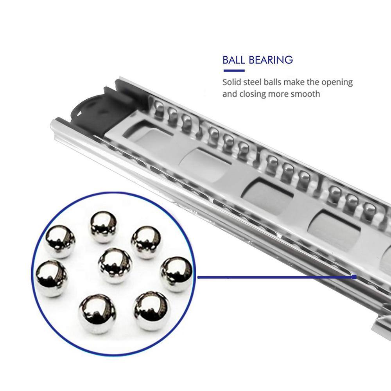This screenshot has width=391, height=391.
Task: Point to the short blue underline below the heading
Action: coord(234,71)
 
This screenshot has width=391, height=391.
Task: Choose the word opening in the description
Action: coord(337,83)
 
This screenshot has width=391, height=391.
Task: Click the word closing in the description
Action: coord(253,94)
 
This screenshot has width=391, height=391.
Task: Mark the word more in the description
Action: coord(282,94)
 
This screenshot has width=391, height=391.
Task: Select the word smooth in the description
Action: coord(307,94)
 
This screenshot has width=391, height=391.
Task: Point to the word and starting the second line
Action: coord(230,94)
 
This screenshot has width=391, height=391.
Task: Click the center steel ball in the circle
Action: coord(115,265)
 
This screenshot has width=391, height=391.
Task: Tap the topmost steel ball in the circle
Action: coord(104,227)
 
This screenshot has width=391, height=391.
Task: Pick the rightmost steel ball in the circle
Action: coord(176,274)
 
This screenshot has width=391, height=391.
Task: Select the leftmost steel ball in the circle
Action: coord(52,278)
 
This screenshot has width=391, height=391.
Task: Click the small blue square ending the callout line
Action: coord(354,277)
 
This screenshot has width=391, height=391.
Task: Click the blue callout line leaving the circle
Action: coord(274,277)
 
